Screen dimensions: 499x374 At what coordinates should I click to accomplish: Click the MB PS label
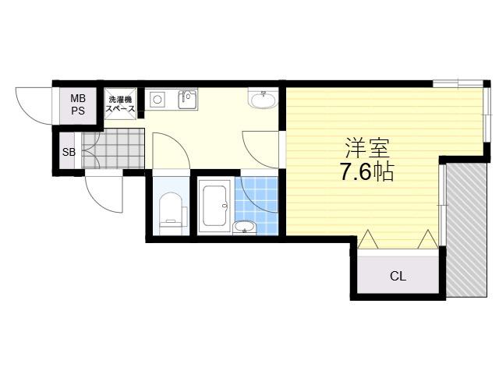[x=78, y=104]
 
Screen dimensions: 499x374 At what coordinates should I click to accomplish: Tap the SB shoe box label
[x=69, y=153]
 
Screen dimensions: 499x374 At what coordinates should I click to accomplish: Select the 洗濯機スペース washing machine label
[x=120, y=104]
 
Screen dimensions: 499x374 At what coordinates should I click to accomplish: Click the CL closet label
[x=398, y=277]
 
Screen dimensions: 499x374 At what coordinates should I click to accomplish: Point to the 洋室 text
[x=367, y=148]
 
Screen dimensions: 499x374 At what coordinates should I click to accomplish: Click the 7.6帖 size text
[x=367, y=171]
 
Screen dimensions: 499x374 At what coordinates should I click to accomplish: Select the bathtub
[x=215, y=206]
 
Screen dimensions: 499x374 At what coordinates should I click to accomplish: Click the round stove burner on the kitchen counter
[x=157, y=100]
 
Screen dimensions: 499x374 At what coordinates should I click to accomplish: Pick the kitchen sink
[x=188, y=99]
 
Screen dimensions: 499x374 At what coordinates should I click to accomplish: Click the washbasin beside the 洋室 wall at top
[x=264, y=98]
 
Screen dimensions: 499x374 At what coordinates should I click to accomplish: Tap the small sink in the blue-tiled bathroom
[x=244, y=227]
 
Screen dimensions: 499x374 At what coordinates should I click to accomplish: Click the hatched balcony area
[x=466, y=231]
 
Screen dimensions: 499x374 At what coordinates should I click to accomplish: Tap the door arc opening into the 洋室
[x=260, y=149]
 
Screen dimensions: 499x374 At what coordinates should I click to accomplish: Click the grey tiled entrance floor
[x=113, y=148]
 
